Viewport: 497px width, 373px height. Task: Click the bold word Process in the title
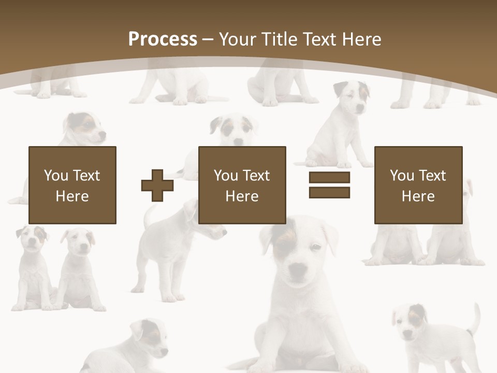[163, 39]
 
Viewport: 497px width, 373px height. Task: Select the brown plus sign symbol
[157, 185]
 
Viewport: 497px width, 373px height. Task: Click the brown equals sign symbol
[329, 185]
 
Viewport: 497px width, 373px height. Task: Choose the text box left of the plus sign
[72, 185]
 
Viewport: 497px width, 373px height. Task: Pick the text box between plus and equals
[242, 185]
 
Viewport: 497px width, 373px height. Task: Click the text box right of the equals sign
[418, 185]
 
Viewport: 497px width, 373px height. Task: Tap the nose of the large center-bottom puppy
[297, 270]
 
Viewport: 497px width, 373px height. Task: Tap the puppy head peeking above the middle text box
[236, 130]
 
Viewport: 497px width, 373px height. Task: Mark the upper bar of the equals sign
[329, 178]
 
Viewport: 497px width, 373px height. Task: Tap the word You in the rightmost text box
[402, 176]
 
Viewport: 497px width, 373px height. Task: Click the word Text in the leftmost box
[86, 176]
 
